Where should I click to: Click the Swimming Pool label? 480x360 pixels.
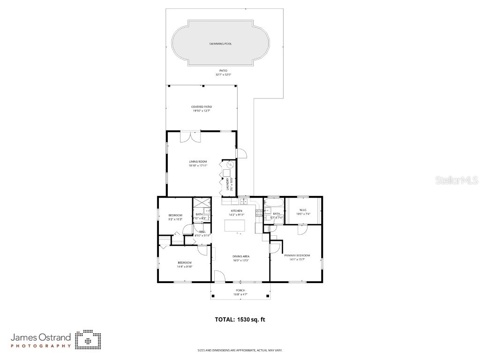[220, 44]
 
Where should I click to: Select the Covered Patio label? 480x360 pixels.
[201, 107]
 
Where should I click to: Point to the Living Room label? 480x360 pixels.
[198, 162]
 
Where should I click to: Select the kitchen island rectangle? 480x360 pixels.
[235, 225]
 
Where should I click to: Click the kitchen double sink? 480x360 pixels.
[244, 202]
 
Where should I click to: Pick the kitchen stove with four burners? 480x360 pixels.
[259, 214]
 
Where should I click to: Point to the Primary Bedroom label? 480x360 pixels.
[297, 255]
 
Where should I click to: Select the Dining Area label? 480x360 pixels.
[240, 256]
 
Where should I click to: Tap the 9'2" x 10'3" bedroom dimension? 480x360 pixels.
[175, 219]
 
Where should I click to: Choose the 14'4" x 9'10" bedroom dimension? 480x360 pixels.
[184, 266]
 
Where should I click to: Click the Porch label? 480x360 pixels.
[240, 291]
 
